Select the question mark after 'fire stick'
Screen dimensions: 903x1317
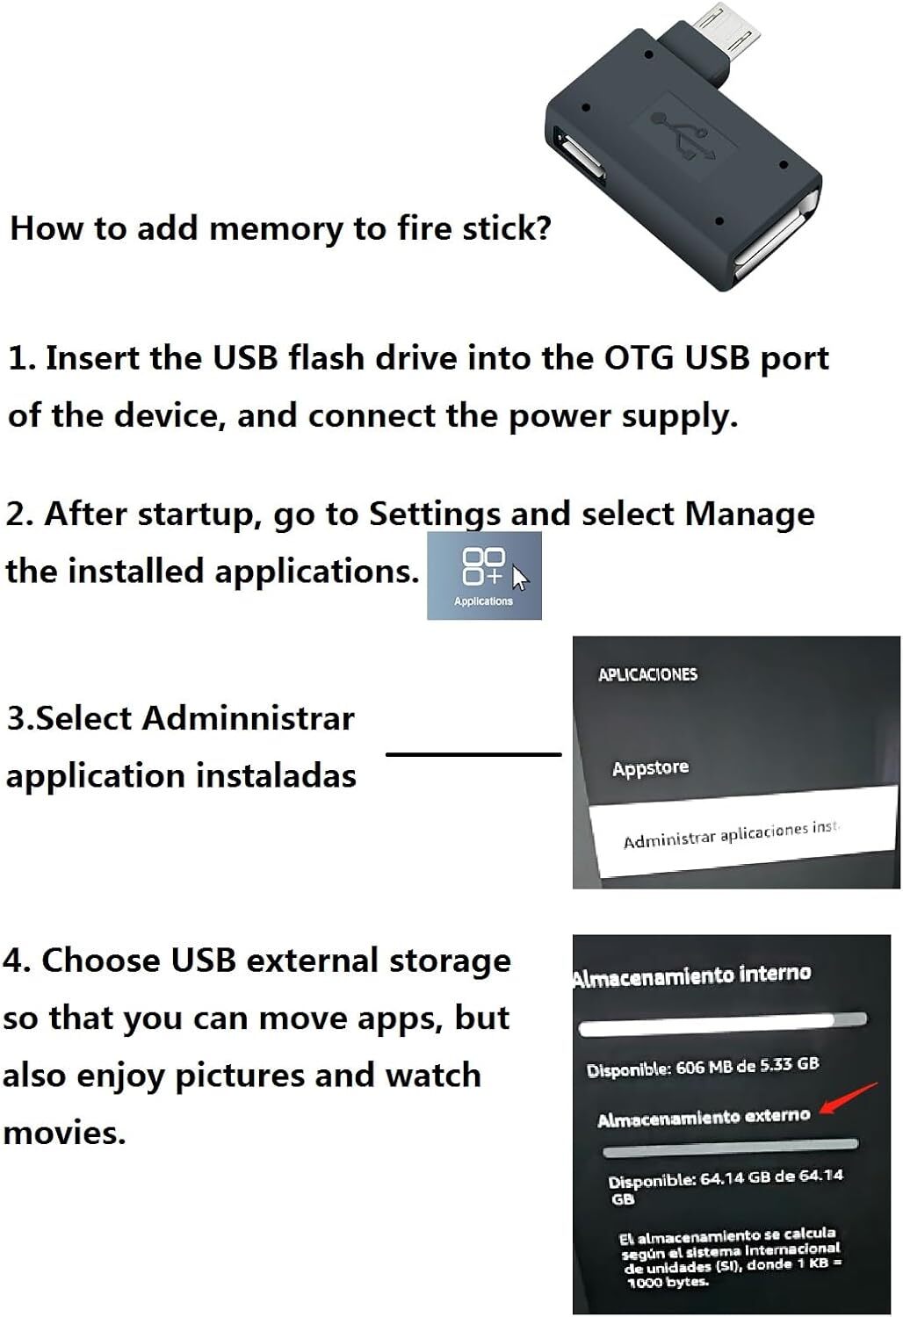click(x=542, y=227)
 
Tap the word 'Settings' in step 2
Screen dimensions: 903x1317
click(x=434, y=515)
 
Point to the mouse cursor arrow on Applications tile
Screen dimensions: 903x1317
click(x=520, y=578)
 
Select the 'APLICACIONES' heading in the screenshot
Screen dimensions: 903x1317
click(x=647, y=674)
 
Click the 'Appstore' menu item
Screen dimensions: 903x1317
click(x=650, y=768)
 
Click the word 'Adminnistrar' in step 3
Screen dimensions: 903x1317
click(x=249, y=718)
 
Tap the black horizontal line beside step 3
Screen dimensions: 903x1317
click(x=473, y=753)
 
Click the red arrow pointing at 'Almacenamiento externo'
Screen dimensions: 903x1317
click(x=849, y=1097)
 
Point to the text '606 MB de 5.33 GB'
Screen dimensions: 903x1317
click(x=748, y=1065)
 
